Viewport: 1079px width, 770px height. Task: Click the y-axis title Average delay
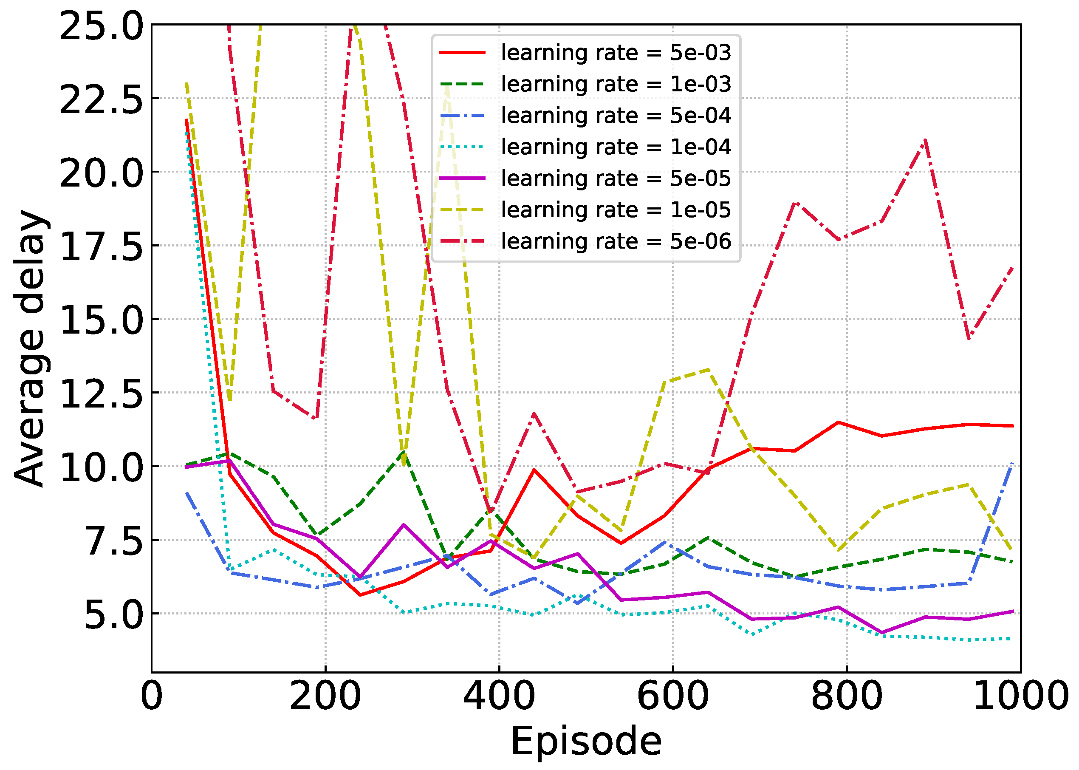click(x=29, y=348)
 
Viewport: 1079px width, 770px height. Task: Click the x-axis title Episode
click(x=586, y=741)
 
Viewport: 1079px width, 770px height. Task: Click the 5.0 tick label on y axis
click(x=113, y=614)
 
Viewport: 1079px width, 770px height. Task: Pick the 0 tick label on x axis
click(x=152, y=696)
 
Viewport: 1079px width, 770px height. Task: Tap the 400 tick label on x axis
click(x=499, y=696)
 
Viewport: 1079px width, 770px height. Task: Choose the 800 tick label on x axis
click(x=846, y=696)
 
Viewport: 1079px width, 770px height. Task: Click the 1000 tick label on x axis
click(x=1020, y=696)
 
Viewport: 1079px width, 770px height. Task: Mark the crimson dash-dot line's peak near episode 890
click(x=924, y=141)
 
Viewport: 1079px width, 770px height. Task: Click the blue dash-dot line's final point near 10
click(x=1012, y=464)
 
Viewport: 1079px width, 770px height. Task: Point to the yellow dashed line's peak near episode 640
click(x=707, y=369)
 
